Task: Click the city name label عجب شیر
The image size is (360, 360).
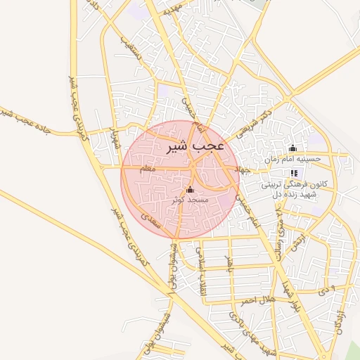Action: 195,146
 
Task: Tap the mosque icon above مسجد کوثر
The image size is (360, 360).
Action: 189,190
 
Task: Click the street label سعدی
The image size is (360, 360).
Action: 152,220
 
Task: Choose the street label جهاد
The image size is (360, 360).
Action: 243,169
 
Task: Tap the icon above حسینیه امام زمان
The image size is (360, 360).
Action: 293,148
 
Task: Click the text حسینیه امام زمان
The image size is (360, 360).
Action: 292,159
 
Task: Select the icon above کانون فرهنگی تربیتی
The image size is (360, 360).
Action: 293,174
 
